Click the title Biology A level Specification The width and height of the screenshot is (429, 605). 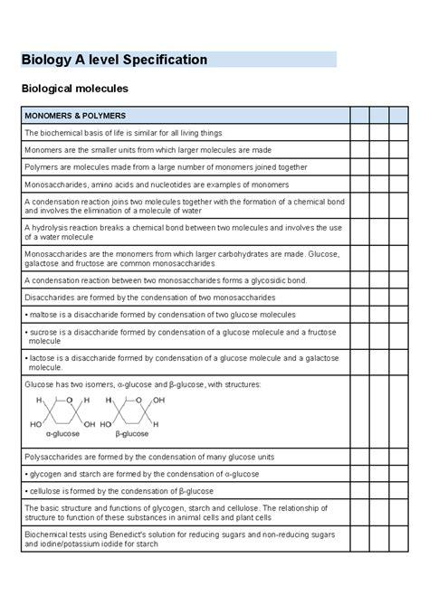click(115, 60)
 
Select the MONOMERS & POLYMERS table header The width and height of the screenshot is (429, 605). click(75, 116)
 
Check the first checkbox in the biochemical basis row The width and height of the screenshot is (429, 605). click(358, 133)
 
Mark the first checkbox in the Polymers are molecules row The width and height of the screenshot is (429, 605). click(358, 167)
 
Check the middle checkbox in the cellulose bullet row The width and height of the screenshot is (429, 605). click(379, 490)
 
